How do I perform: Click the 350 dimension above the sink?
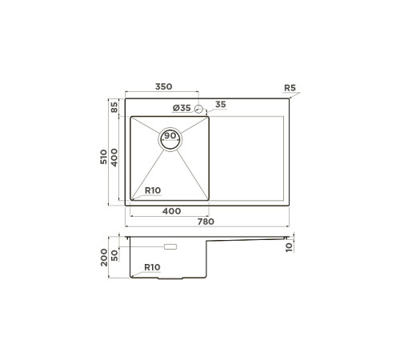pos(164,87)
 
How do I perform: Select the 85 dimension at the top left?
pos(115,106)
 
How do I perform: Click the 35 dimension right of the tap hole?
pos(220,105)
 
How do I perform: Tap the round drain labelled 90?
pos(170,137)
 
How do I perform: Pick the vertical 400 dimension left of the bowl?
pos(115,157)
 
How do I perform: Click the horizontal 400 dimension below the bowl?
pos(170,210)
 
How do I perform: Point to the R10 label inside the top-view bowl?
pos(152,190)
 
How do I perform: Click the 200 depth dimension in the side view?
pos(104,257)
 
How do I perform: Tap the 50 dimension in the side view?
pos(115,254)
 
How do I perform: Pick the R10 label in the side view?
pos(152,267)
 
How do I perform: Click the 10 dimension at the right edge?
pos(289,246)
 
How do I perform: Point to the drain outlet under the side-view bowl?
pos(170,278)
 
